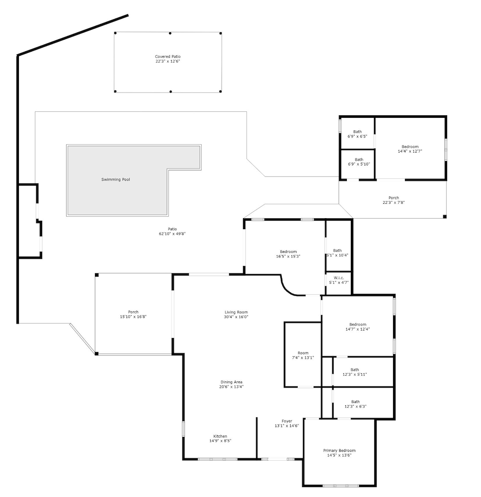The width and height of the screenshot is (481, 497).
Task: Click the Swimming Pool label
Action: [116, 179]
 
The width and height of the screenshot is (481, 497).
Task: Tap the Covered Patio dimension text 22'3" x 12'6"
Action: [167, 61]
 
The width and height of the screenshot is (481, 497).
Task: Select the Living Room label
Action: [236, 312]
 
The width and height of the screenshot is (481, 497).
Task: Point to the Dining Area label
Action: [232, 382]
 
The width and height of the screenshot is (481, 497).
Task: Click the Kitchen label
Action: [220, 436]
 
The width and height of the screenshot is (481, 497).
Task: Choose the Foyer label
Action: [287, 421]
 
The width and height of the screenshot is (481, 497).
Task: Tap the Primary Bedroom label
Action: [339, 450]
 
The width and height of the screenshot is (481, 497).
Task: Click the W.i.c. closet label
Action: [339, 278]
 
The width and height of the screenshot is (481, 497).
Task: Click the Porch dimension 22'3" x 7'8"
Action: [394, 203]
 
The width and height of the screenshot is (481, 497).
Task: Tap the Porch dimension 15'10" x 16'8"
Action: [133, 317]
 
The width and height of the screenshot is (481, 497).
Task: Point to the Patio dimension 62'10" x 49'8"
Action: [172, 234]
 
